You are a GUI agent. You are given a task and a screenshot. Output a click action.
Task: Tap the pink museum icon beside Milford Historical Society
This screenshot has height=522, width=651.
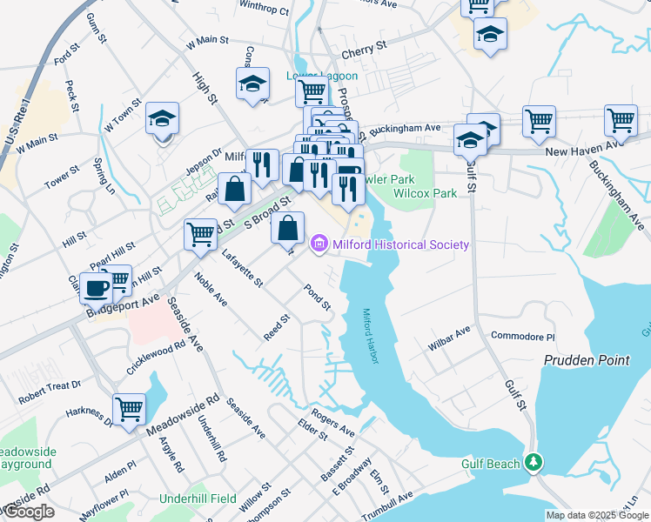click(319, 244)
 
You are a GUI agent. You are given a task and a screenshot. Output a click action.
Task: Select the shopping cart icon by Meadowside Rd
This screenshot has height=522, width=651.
click(129, 406)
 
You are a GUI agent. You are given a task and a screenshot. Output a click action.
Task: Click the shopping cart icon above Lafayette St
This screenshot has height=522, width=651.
click(200, 233)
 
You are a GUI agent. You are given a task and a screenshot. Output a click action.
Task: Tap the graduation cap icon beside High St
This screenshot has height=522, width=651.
click(252, 84)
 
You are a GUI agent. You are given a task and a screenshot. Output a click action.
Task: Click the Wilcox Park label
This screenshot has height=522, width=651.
click(433, 193)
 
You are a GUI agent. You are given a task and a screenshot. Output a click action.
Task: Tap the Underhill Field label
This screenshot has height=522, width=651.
click(198, 499)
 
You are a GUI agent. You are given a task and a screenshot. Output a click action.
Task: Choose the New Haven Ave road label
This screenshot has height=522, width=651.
click(581, 151)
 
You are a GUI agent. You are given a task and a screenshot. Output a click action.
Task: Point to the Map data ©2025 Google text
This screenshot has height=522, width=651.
click(597, 515)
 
